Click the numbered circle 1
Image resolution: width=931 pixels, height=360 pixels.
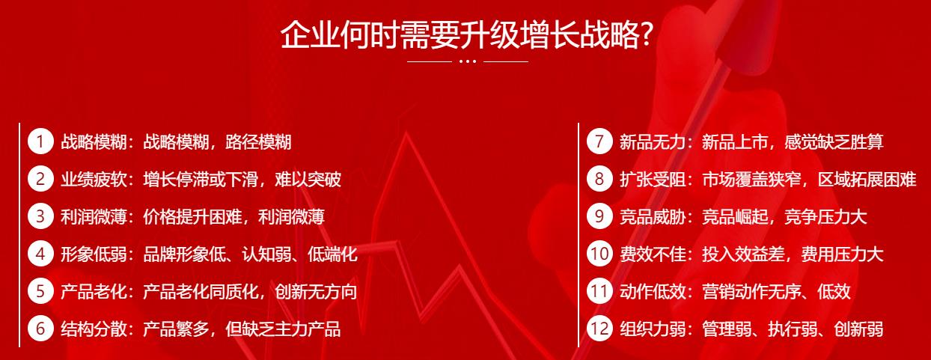40,141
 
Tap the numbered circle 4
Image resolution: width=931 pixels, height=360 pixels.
40,254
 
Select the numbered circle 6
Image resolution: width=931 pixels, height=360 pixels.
40,329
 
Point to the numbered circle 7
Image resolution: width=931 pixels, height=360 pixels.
599,141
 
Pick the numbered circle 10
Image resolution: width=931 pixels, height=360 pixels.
599,254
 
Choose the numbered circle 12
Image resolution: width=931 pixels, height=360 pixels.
599,329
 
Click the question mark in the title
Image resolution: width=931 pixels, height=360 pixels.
645,35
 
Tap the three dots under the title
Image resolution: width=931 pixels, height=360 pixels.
468,61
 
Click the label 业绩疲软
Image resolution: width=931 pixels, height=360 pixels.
94,180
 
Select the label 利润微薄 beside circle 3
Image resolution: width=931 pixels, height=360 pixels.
94,217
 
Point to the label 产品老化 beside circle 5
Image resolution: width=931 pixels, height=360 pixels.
94,292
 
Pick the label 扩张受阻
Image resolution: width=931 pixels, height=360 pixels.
653,180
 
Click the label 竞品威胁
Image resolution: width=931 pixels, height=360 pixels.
653,217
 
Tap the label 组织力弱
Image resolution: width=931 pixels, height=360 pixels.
653,329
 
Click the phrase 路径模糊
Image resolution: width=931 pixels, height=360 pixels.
258,142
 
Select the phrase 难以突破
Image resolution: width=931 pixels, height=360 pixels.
308,180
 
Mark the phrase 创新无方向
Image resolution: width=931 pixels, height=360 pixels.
316,292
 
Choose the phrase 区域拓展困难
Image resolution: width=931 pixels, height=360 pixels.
867,180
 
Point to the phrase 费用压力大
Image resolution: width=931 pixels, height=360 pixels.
842,254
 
